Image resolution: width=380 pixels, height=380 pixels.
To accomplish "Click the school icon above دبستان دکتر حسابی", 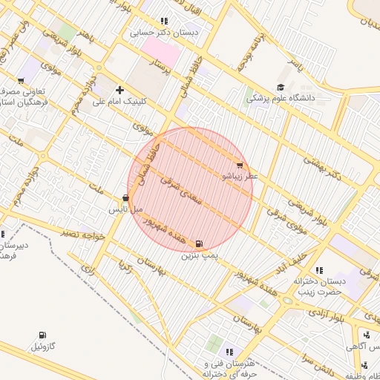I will pos(163,22).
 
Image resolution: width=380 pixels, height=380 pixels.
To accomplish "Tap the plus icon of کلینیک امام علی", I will pos(119,90).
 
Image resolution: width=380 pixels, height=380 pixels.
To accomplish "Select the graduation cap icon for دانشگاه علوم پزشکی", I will pos(281,87).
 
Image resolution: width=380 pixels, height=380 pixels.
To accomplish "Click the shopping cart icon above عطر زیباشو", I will pos(239,166).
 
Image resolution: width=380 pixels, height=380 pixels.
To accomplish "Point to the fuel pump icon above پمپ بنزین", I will pos(199,243).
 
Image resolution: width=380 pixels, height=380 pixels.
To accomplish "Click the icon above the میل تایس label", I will pos(125,198).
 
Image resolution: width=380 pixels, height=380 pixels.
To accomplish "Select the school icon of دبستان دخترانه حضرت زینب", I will pos(319,270).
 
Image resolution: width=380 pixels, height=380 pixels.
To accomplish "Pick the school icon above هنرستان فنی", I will pos(229,352).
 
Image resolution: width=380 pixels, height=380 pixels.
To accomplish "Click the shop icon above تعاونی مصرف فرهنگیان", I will pos(21,80).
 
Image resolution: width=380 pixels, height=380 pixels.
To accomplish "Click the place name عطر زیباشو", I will pos(240,177).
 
